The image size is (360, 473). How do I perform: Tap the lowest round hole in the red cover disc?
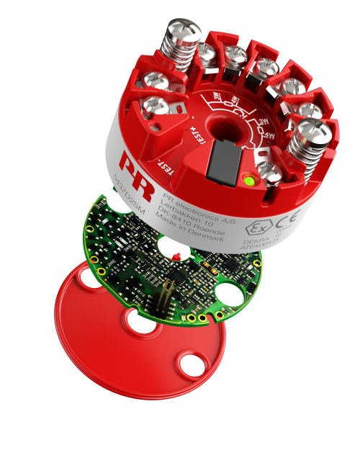pos(193,365)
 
